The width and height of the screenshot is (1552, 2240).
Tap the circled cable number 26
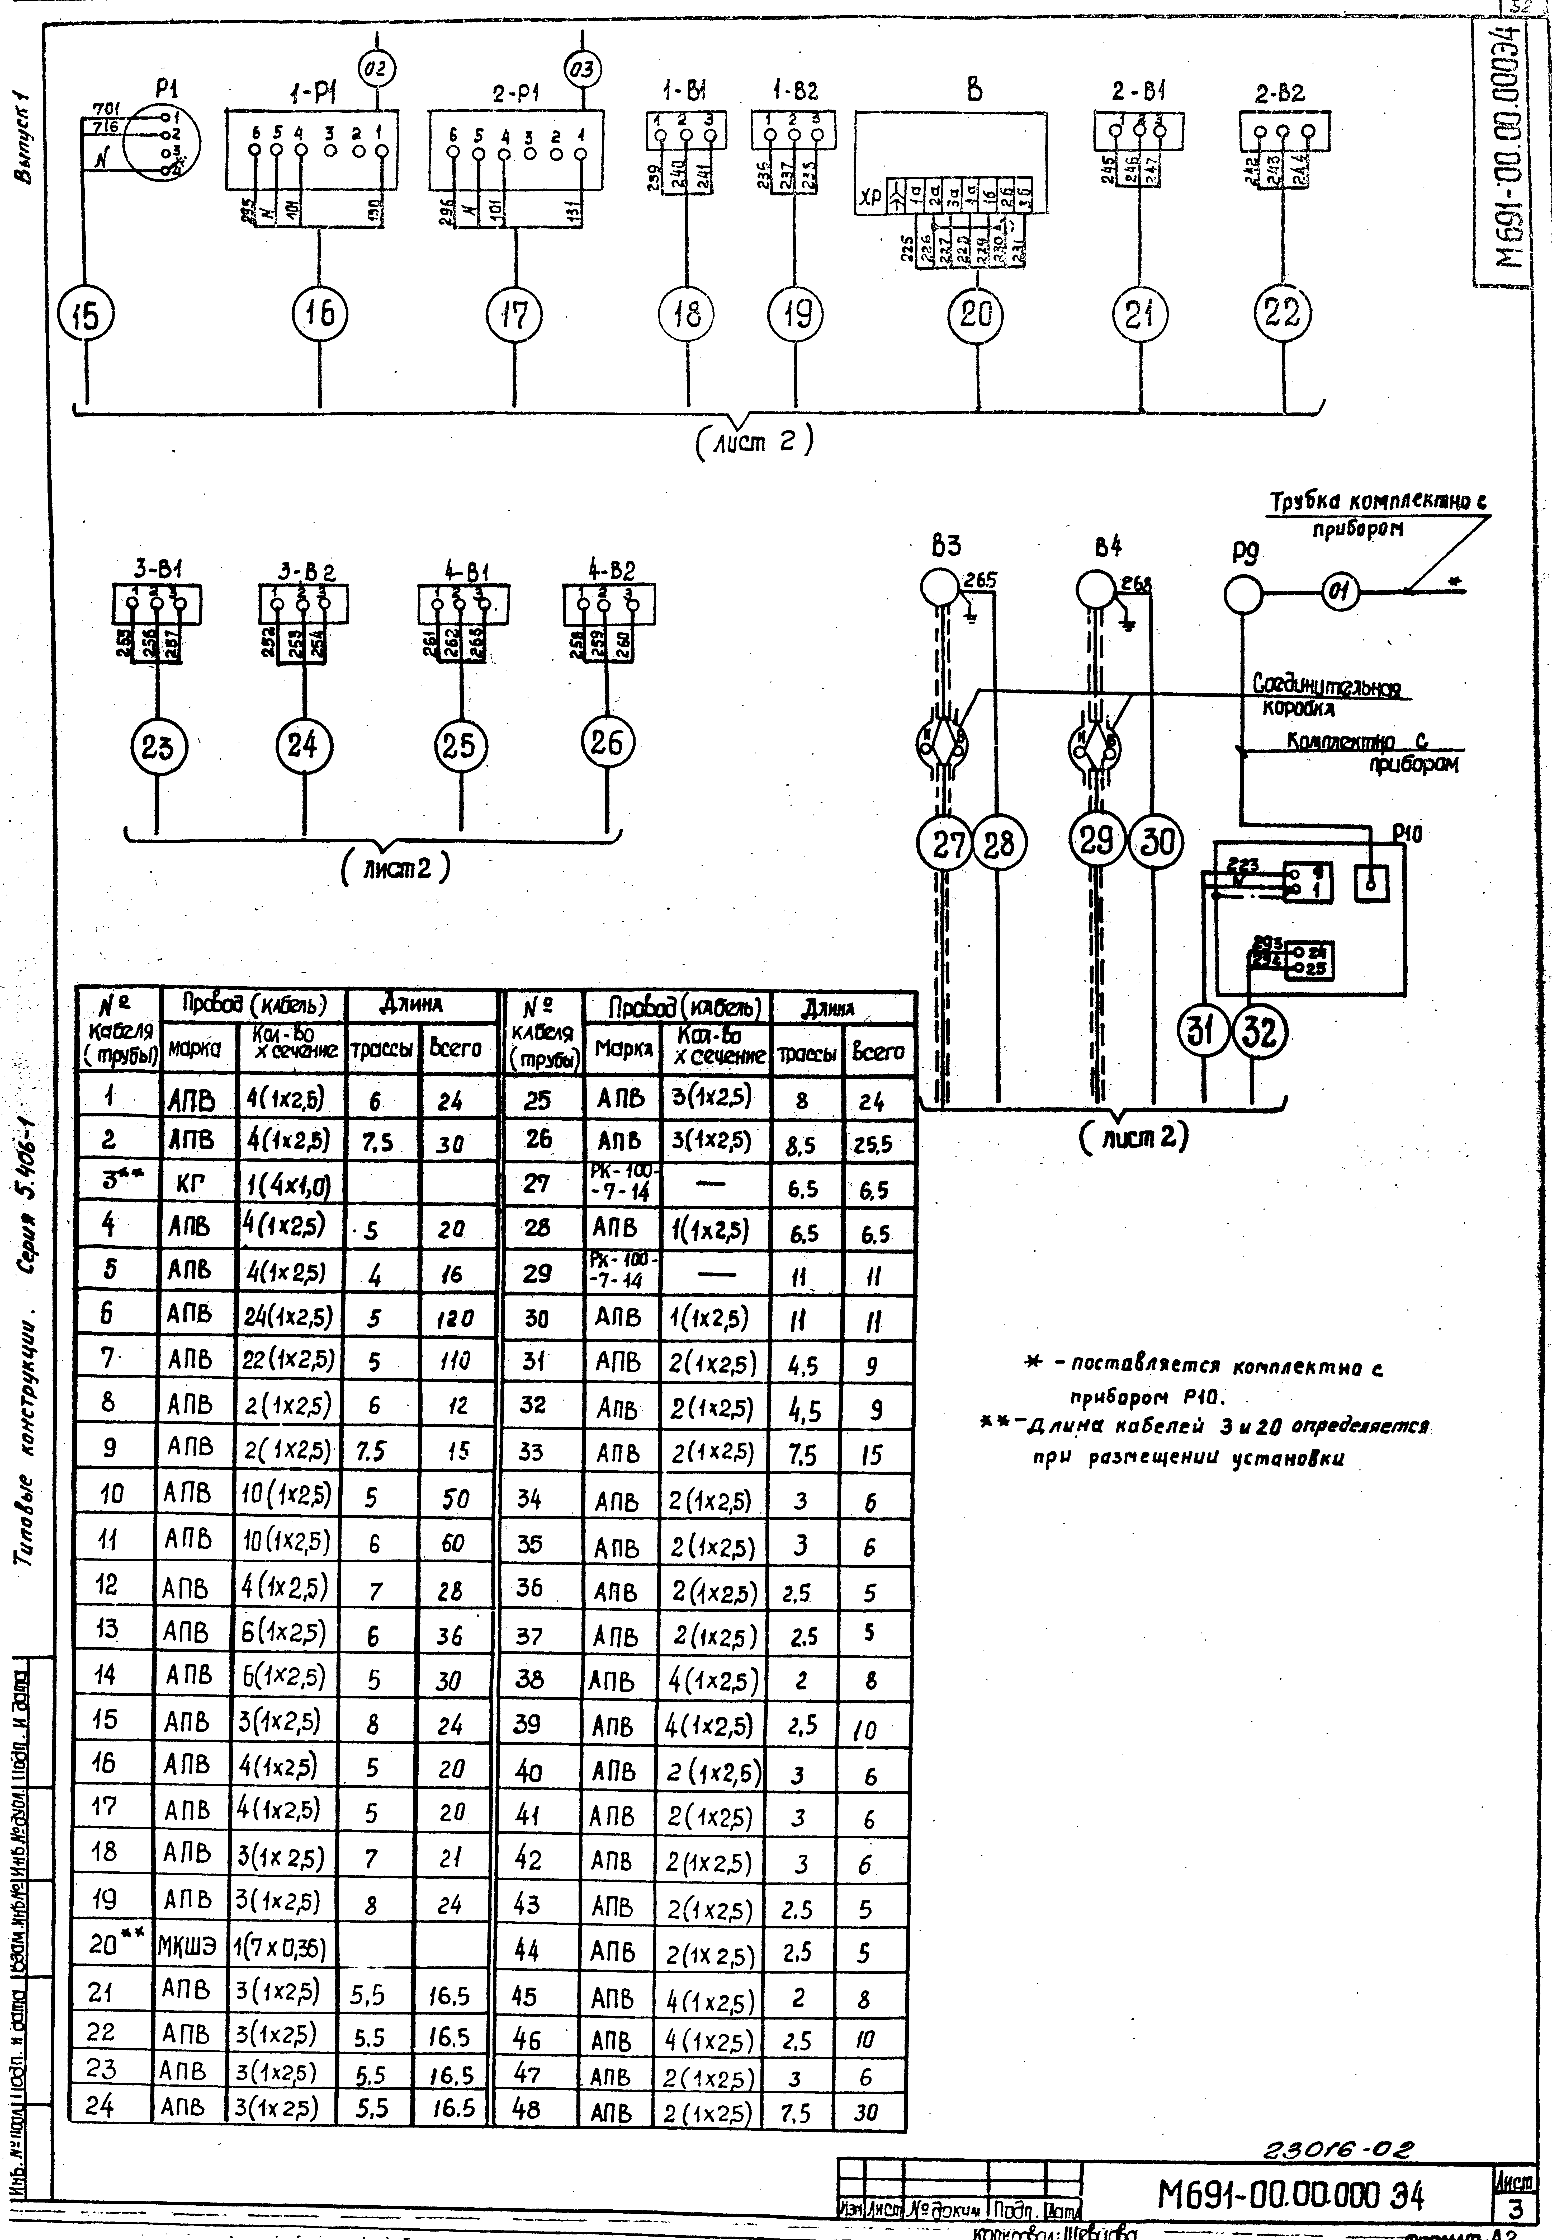pos(607,743)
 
